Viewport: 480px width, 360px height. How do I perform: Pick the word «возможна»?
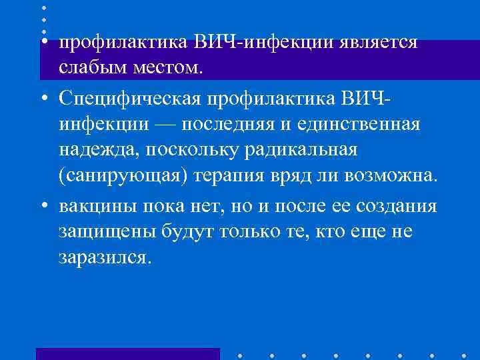(x=392, y=175)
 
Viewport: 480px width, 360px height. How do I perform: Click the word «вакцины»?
(x=98, y=206)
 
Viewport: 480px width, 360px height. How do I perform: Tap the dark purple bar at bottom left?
(x=127, y=353)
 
